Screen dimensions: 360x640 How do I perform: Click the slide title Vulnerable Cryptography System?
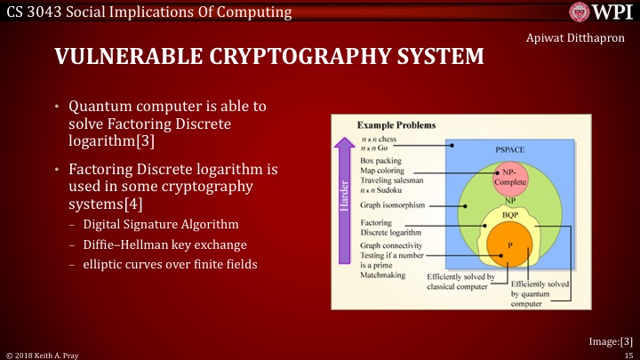click(269, 58)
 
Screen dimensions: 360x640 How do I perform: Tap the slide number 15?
click(628, 354)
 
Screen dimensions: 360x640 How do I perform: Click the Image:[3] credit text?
click(612, 340)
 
